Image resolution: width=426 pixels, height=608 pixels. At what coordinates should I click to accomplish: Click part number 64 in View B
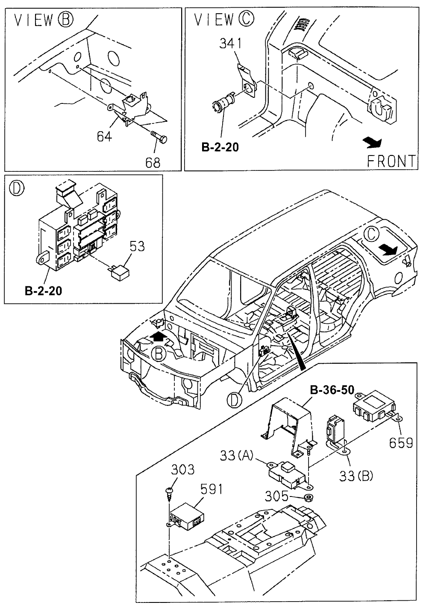(x=104, y=137)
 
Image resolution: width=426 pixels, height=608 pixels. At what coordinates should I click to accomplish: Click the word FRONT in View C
(x=391, y=161)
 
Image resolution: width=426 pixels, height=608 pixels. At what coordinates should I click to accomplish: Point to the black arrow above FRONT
(x=370, y=142)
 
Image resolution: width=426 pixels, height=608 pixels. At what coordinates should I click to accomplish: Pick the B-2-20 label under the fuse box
(x=43, y=291)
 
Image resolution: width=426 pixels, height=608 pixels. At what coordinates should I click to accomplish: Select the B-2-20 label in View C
(x=220, y=148)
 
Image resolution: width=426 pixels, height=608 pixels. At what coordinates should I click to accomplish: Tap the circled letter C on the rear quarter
(x=372, y=234)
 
